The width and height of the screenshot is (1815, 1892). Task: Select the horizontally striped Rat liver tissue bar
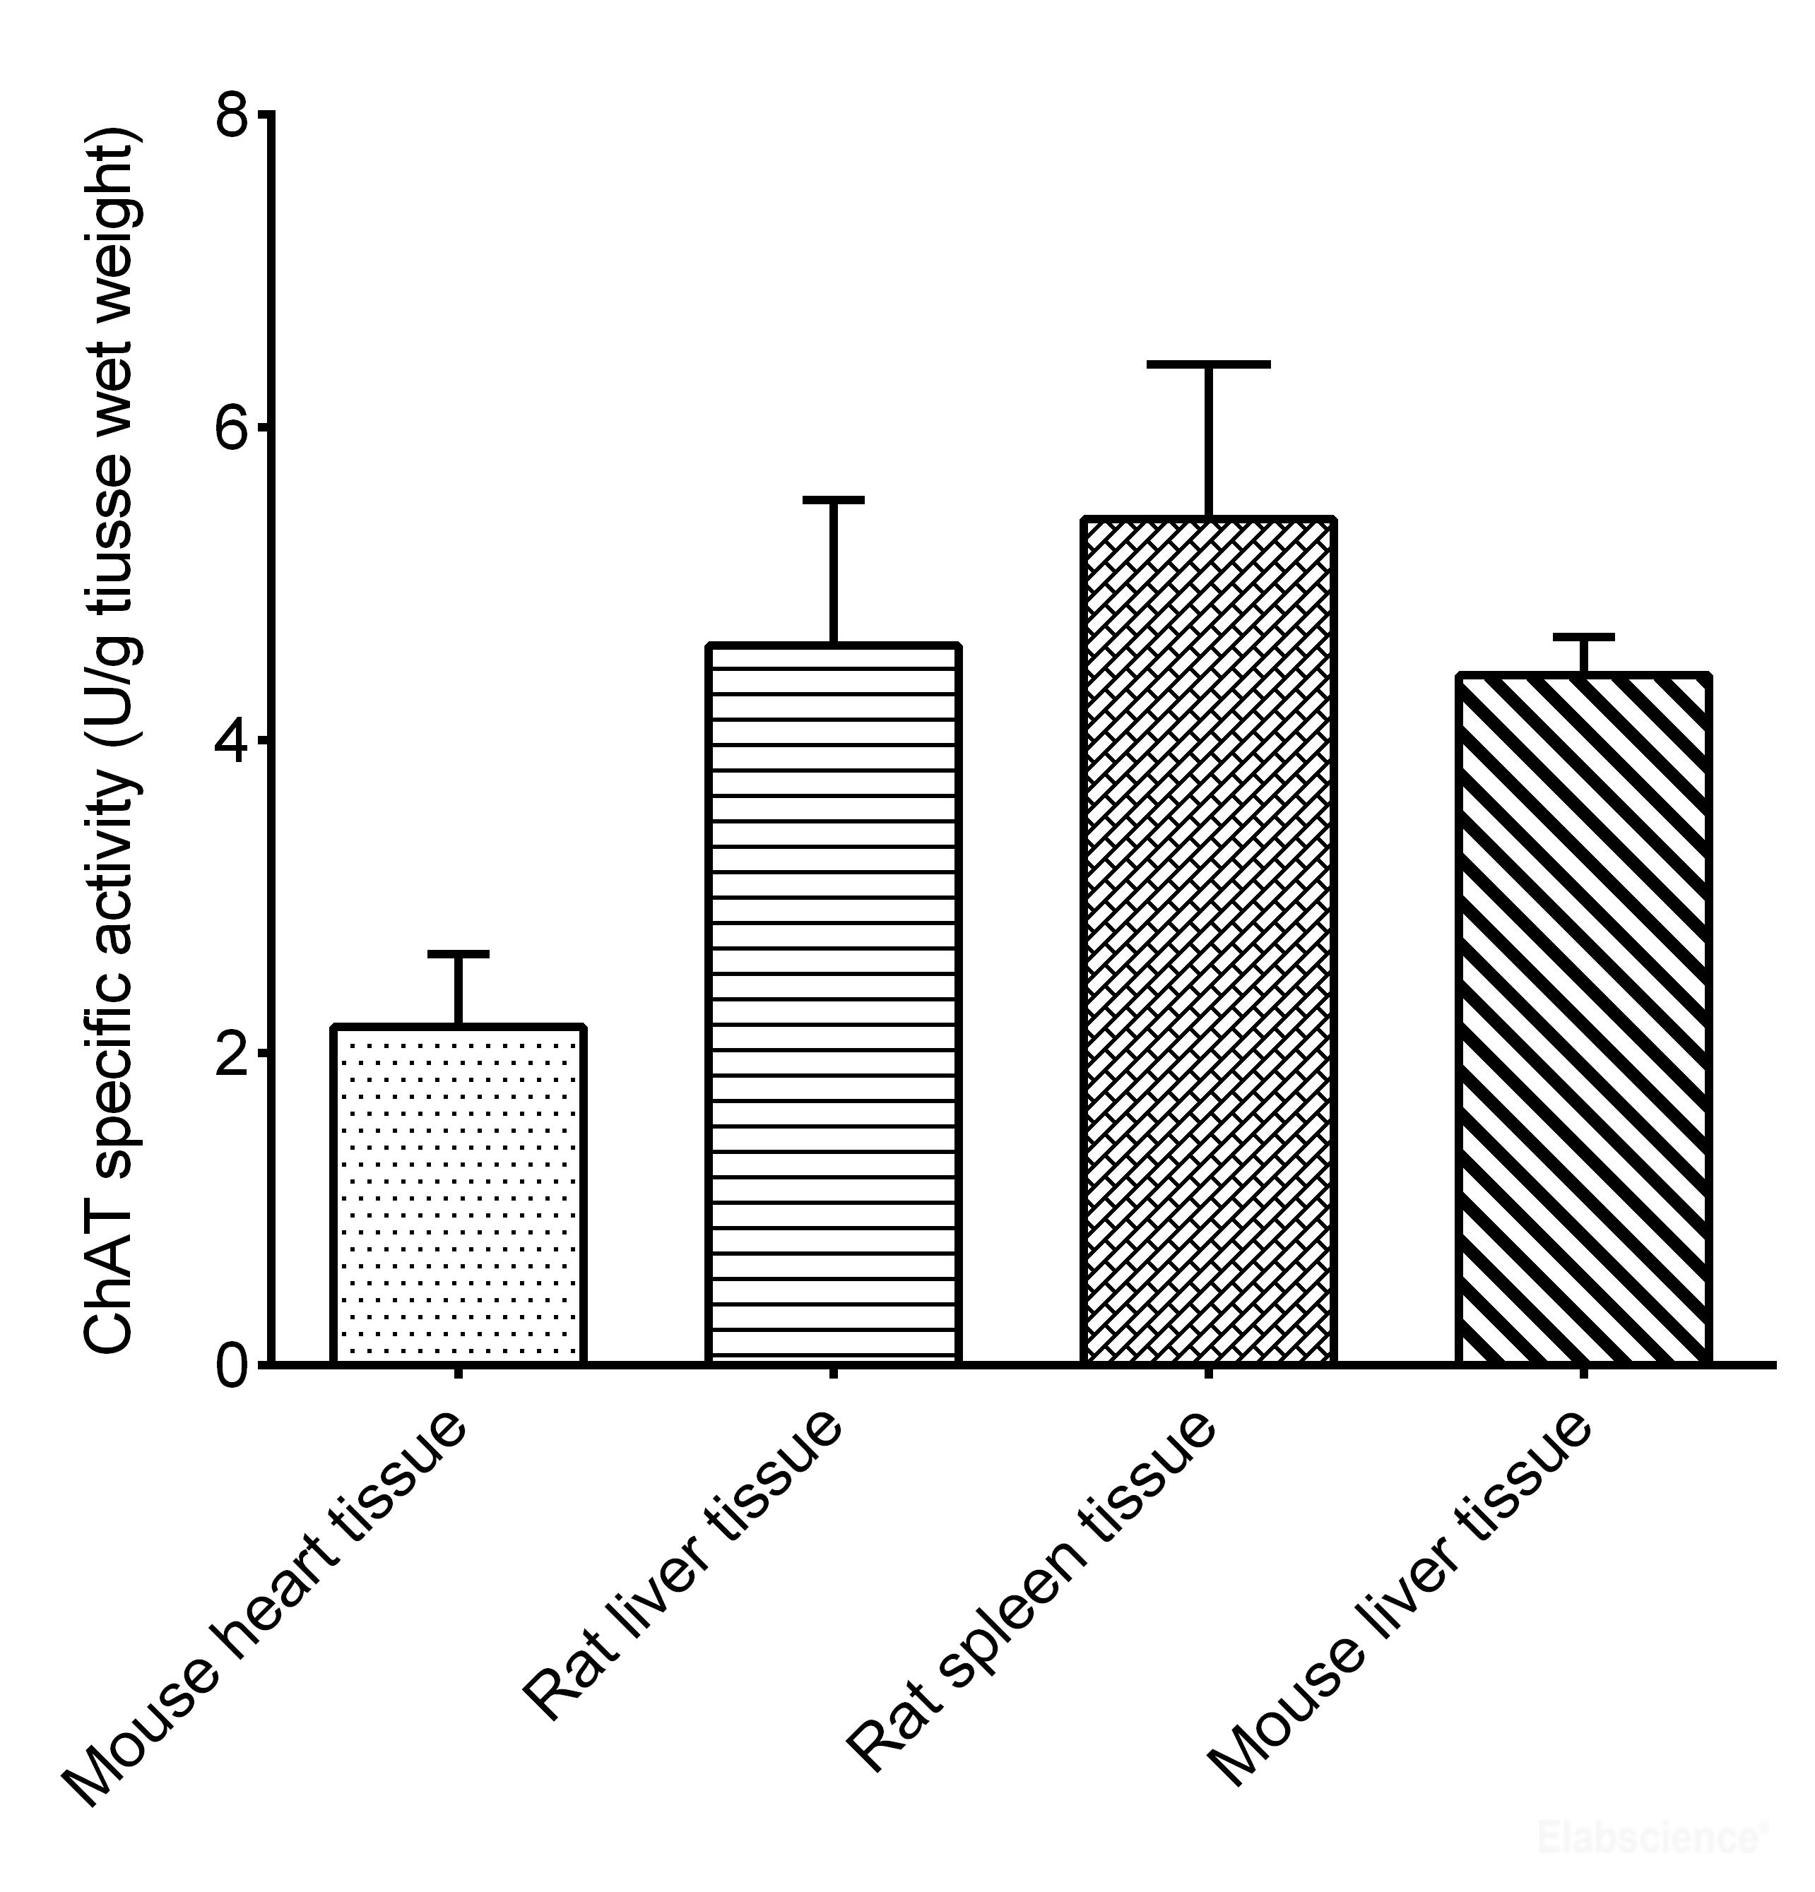(x=833, y=1004)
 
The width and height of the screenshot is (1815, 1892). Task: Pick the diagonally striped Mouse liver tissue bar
(x=1583, y=1019)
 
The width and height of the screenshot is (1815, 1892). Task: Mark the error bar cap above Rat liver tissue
(x=833, y=500)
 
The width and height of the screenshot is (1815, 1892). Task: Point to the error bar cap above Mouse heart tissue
(x=458, y=953)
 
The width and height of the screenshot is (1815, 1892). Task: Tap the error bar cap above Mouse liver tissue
(x=1583, y=637)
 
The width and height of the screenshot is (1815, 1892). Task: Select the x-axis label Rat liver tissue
(x=682, y=1564)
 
